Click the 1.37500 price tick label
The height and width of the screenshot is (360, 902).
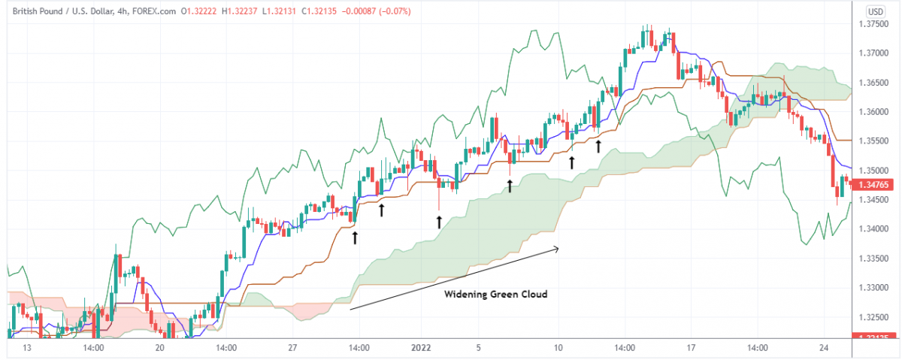pos(875,25)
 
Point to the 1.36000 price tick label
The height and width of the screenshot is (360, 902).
pos(875,112)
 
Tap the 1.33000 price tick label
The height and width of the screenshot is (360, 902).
pos(875,288)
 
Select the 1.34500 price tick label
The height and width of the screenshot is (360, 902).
pos(875,200)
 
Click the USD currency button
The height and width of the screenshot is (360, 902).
pos(875,11)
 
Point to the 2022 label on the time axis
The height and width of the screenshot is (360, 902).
pos(420,348)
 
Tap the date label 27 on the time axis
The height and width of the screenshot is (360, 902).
pos(293,348)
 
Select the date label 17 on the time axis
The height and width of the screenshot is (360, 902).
pos(692,348)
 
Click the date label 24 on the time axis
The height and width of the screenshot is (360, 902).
pos(825,348)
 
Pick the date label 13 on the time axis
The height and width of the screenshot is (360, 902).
pos(27,348)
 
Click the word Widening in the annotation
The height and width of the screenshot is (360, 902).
pos(464,294)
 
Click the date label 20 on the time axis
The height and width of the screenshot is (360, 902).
pos(159,348)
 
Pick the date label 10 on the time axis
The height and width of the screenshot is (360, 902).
pos(558,348)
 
